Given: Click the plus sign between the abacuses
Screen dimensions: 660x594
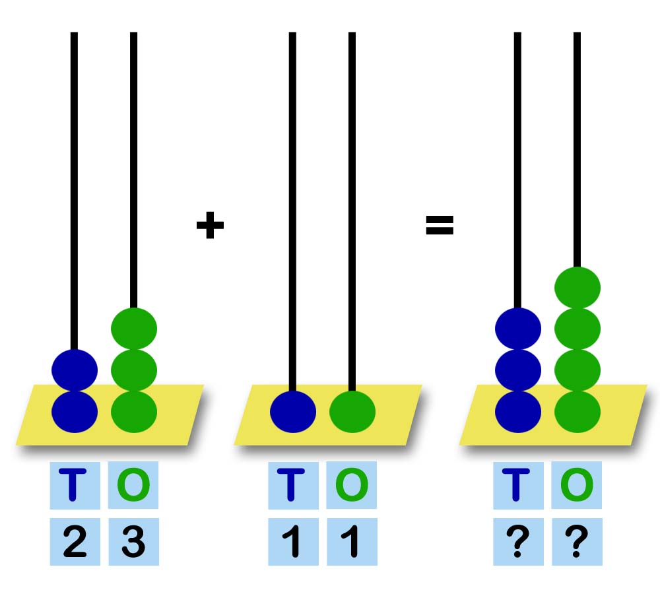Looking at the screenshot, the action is pyautogui.click(x=210, y=225).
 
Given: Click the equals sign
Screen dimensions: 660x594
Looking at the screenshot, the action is pyautogui.click(x=440, y=225).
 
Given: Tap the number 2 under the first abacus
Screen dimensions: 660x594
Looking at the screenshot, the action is pyautogui.click(x=75, y=541).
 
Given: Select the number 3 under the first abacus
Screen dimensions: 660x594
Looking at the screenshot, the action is pyautogui.click(x=133, y=541).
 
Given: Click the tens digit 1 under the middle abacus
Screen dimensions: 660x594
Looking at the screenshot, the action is pyautogui.click(x=292, y=541).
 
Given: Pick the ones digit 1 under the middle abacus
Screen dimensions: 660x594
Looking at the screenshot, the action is pyautogui.click(x=350, y=541).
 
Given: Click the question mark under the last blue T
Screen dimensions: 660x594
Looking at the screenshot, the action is pyautogui.click(x=517, y=541).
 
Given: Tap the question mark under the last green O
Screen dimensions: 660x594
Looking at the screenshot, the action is pyautogui.click(x=576, y=541).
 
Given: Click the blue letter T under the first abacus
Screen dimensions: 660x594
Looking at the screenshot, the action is pyautogui.click(x=73, y=485).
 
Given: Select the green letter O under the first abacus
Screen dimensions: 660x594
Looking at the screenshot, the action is pyautogui.click(x=133, y=485).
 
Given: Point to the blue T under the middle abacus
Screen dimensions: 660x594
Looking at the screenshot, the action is pyautogui.click(x=291, y=485).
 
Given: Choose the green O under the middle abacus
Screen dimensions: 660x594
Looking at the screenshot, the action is pyautogui.click(x=352, y=485).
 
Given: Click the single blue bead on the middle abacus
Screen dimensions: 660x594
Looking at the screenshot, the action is pyautogui.click(x=293, y=412).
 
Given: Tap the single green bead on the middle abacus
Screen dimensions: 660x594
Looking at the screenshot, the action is pyautogui.click(x=352, y=412).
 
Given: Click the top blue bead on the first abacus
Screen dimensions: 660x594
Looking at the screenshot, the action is pyautogui.click(x=75, y=370).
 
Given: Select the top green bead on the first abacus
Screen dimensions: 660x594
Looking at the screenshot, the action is pyautogui.click(x=134, y=329).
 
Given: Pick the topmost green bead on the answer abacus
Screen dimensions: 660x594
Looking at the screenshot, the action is pyautogui.click(x=577, y=288).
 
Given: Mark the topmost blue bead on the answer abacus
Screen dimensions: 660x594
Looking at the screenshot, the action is pyautogui.click(x=518, y=329).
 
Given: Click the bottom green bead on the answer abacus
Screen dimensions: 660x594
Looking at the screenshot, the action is pyautogui.click(x=577, y=412).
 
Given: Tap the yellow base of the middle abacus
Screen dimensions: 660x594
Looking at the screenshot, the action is pyautogui.click(x=328, y=414).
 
